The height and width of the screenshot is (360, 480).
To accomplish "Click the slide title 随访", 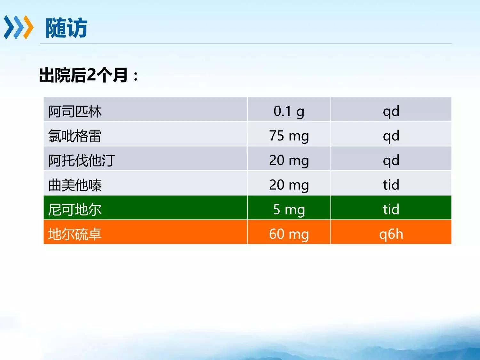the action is pyautogui.click(x=67, y=28).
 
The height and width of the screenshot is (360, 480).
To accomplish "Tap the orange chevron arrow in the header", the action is pyautogui.click(x=28, y=27).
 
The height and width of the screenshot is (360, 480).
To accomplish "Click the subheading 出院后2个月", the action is pyautogui.click(x=84, y=75).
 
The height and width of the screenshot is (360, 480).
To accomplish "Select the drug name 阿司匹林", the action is pyautogui.click(x=75, y=111).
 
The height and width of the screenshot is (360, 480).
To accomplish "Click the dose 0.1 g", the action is pyautogui.click(x=289, y=111).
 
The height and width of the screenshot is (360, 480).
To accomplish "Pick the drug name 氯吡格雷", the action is pyautogui.click(x=75, y=136).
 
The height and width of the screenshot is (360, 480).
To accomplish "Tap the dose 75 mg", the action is pyautogui.click(x=289, y=136).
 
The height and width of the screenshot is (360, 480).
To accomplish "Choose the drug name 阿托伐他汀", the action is pyautogui.click(x=82, y=160).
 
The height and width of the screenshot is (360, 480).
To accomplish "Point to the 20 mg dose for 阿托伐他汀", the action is pyautogui.click(x=289, y=160).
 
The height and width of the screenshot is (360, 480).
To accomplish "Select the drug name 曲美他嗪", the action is pyautogui.click(x=75, y=185).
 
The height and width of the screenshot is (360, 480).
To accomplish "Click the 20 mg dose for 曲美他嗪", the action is pyautogui.click(x=289, y=185).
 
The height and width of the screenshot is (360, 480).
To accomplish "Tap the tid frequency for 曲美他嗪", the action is pyautogui.click(x=391, y=185).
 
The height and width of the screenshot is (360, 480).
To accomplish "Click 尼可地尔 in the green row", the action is pyautogui.click(x=75, y=209).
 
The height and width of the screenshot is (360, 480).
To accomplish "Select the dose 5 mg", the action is pyautogui.click(x=289, y=209).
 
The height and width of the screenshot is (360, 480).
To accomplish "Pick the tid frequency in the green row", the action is pyautogui.click(x=391, y=209).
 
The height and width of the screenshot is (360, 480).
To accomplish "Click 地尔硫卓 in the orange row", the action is pyautogui.click(x=75, y=234).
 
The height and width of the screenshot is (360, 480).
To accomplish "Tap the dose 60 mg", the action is pyautogui.click(x=289, y=234).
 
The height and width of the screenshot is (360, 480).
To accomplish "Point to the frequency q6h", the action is pyautogui.click(x=391, y=234).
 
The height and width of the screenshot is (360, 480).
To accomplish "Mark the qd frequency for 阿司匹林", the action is pyautogui.click(x=391, y=111).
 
